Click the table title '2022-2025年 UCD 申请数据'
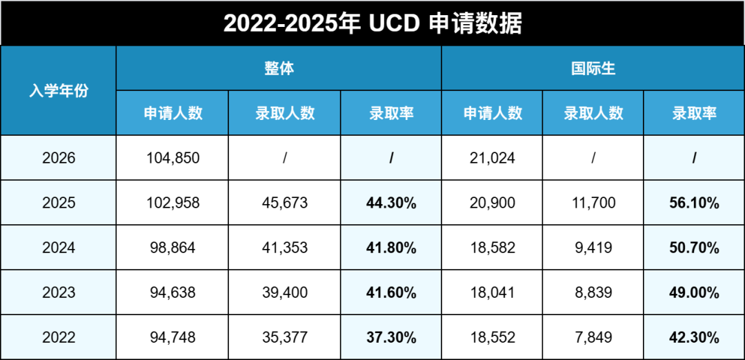(x=372, y=23)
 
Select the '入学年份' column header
(x=59, y=90)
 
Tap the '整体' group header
(x=279, y=68)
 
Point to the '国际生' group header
(x=593, y=68)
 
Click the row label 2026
(x=59, y=158)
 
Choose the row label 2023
(x=59, y=292)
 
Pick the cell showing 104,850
(x=173, y=158)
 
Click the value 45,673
(x=285, y=203)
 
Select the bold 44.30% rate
(x=391, y=203)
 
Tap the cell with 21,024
(x=492, y=158)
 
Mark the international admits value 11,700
(x=593, y=203)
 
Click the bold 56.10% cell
(x=694, y=203)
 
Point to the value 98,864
(x=173, y=248)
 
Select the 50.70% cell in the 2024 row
(x=694, y=248)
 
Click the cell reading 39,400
(x=285, y=292)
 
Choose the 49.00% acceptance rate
(x=694, y=292)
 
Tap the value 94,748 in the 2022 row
(x=173, y=337)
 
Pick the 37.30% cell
(x=391, y=337)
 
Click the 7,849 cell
(x=593, y=337)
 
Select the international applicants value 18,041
(x=492, y=292)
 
